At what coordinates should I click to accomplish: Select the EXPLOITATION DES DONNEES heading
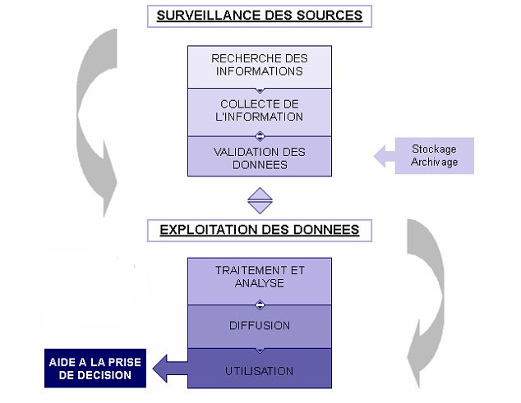pyautogui.click(x=259, y=230)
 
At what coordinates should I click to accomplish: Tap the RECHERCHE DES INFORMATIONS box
pyautogui.click(x=259, y=66)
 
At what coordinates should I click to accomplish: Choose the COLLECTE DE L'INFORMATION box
pyautogui.click(x=259, y=111)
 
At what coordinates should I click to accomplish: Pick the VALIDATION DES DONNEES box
pyautogui.click(x=259, y=158)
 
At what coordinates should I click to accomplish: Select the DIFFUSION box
pyautogui.click(x=259, y=326)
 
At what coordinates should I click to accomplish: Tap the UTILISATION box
pyautogui.click(x=259, y=370)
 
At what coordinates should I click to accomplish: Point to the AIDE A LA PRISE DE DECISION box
pyautogui.click(x=95, y=369)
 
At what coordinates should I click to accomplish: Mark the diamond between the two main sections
pyautogui.click(x=260, y=199)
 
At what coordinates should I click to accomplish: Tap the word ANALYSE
pyautogui.click(x=260, y=283)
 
